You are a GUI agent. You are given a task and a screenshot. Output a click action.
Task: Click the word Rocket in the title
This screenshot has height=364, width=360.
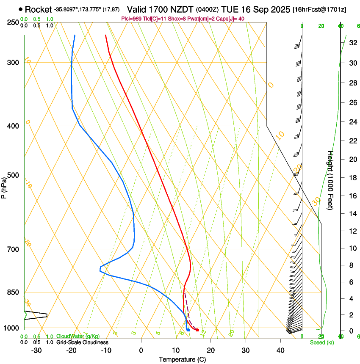(38, 9)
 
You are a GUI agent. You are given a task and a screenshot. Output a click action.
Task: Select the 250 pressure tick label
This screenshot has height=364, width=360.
(13, 22)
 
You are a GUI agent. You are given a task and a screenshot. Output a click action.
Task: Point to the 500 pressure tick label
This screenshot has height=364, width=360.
(13, 175)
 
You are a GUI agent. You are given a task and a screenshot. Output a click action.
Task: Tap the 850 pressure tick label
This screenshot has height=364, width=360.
(13, 292)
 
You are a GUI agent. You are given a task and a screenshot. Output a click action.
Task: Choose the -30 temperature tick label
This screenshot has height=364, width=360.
(36, 350)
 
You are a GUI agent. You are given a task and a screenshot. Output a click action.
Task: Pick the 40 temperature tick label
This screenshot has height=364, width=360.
(280, 350)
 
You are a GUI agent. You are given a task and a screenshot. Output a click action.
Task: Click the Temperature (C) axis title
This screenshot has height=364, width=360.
(182, 359)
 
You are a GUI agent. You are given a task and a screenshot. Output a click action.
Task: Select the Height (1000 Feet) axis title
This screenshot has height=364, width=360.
(330, 180)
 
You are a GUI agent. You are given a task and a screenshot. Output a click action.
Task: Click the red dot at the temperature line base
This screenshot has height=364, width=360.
(197, 330)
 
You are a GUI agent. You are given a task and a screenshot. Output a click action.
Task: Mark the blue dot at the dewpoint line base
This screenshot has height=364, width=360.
(188, 330)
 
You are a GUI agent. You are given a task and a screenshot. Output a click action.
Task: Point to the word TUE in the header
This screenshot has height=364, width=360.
(235, 9)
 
